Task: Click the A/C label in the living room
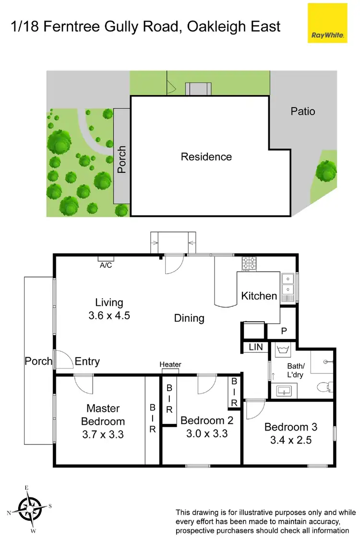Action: pyautogui.click(x=106, y=265)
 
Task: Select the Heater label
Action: pyautogui.click(x=170, y=365)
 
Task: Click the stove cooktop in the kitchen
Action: pyautogui.click(x=250, y=264)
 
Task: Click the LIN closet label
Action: pyautogui.click(x=255, y=347)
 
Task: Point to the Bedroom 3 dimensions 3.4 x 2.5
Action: pyautogui.click(x=290, y=440)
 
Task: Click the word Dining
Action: pyautogui.click(x=189, y=318)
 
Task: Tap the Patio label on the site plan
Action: pyautogui.click(x=303, y=111)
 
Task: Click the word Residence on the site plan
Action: pyautogui.click(x=206, y=156)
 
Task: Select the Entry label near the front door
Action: pyautogui.click(x=87, y=361)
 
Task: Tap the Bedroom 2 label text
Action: pyautogui.click(x=206, y=420)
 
